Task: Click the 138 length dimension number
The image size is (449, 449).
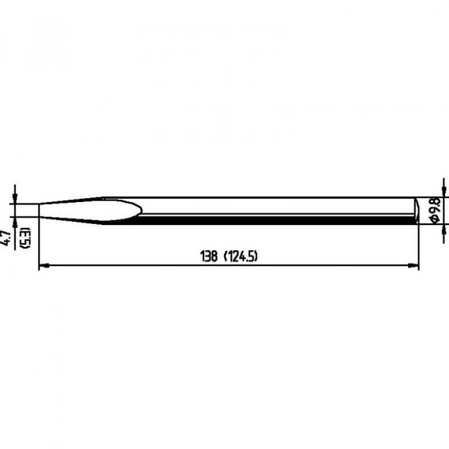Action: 209,256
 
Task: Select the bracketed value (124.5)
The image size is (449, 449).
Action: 240,256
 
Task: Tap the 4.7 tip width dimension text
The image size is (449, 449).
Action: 7,238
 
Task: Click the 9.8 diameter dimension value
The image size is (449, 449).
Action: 435,205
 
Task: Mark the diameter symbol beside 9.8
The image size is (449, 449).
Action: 435,218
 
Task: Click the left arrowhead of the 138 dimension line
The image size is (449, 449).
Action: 44,265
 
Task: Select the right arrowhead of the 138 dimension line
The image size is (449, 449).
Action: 414,265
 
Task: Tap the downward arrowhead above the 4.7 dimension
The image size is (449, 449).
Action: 15,199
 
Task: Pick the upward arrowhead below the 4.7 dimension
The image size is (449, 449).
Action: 15,222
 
